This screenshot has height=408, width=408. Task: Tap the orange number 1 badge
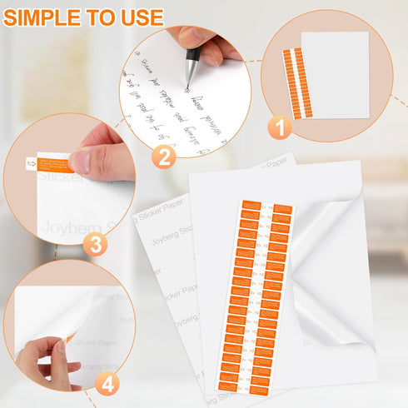[x=280, y=128]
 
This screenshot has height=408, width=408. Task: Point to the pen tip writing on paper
[x=187, y=87]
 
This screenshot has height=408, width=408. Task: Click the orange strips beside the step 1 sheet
[x=294, y=79]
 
